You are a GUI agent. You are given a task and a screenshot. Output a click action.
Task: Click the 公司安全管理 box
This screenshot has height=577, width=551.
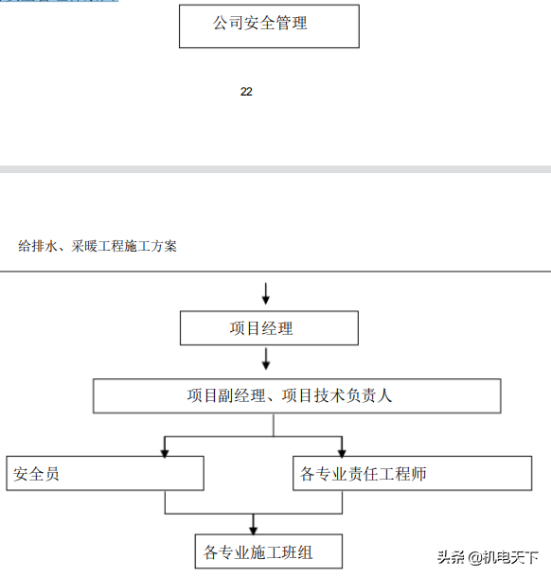269,26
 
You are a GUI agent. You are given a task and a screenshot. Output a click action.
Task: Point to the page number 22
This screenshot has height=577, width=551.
246,92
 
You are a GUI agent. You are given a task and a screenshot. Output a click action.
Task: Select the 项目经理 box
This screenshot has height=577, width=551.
269,328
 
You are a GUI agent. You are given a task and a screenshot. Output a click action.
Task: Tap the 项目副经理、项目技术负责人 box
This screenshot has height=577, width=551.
296,395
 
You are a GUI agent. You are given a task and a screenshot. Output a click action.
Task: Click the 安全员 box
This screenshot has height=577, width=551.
104,473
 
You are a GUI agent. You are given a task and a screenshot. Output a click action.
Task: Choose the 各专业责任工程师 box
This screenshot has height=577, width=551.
412,473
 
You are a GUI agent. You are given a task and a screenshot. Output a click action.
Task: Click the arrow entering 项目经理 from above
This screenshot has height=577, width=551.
266,293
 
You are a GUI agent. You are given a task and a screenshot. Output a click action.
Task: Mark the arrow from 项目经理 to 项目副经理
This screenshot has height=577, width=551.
266,360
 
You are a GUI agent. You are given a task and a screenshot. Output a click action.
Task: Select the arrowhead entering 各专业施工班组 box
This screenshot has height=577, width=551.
253,529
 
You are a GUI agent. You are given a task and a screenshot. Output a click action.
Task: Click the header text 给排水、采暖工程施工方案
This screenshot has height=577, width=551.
98,246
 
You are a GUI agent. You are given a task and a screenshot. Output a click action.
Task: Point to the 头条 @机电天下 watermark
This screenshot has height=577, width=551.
487,556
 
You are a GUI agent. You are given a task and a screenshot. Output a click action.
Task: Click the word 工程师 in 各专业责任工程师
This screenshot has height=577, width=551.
405,473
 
